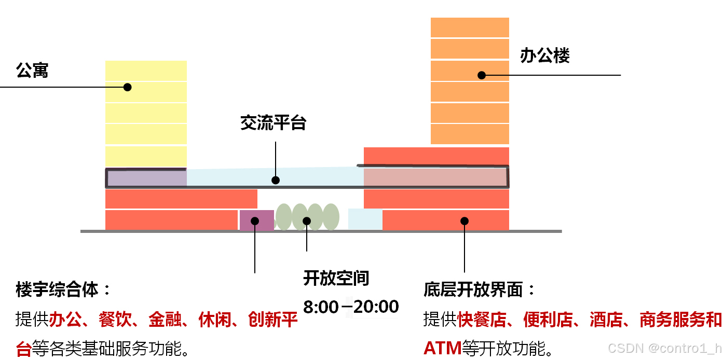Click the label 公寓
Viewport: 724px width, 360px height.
32,71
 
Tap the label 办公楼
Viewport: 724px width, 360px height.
545,56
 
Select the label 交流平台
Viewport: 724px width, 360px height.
274,123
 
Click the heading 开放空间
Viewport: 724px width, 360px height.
336,279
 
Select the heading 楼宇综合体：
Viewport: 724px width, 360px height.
64,290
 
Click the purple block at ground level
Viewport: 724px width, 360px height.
256,220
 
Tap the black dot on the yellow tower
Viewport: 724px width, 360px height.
127,87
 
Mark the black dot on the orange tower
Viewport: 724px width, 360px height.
482,75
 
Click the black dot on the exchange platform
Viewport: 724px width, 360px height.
276,180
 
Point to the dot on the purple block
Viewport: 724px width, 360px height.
255,221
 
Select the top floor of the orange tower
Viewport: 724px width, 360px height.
470,27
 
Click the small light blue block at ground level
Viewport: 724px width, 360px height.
365,219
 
